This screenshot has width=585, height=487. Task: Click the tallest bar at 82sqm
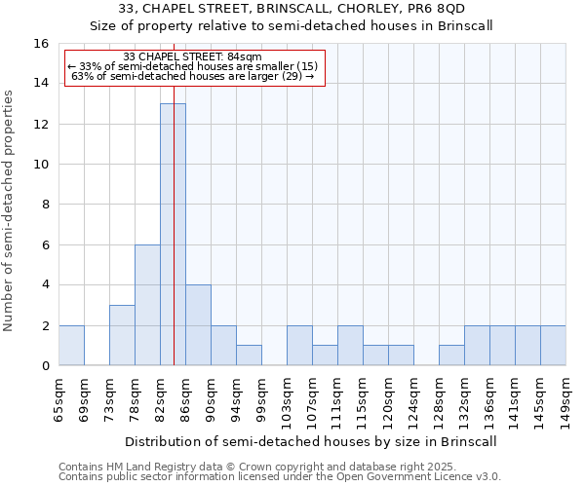pyautogui.click(x=173, y=234)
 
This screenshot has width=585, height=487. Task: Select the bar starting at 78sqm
pyautogui.click(x=147, y=305)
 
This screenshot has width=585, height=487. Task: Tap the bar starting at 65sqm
pyautogui.click(x=71, y=346)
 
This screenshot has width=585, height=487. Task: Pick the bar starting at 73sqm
pyautogui.click(x=122, y=335)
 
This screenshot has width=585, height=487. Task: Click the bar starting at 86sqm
pyautogui.click(x=198, y=325)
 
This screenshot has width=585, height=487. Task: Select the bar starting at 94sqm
pyautogui.click(x=249, y=356)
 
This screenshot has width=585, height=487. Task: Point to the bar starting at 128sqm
pyautogui.click(x=451, y=356)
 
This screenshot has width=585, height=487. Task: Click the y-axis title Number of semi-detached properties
pyautogui.click(x=10, y=209)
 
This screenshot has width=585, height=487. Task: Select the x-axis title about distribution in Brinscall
pyautogui.click(x=312, y=441)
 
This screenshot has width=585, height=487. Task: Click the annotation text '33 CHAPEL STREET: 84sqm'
pyautogui.click(x=193, y=57)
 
